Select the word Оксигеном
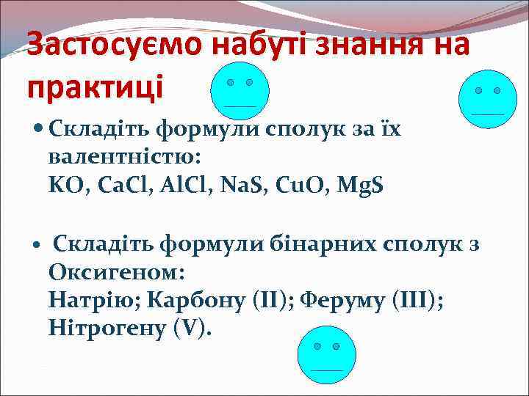[x=116, y=271]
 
